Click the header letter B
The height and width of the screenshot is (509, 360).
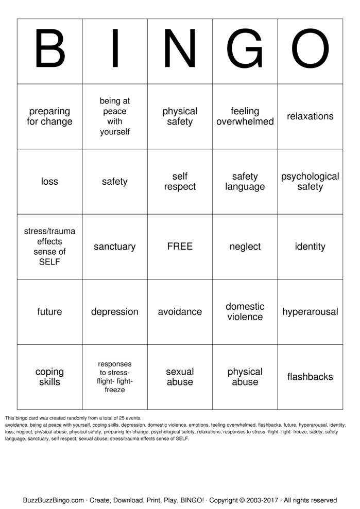coord(49,51)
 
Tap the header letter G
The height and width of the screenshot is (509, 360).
coord(245,51)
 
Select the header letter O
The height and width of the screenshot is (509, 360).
coord(310,51)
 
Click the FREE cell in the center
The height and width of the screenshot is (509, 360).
coord(180,247)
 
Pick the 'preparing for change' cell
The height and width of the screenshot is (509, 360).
coord(49,116)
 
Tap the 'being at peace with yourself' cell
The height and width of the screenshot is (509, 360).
coord(115,116)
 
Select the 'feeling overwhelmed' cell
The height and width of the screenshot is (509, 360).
coord(245,116)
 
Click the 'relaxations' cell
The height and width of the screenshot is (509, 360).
coord(310,116)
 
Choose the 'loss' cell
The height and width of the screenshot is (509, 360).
coord(49,182)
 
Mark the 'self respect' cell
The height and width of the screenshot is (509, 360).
coord(180,182)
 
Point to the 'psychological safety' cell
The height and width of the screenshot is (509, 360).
coord(310,182)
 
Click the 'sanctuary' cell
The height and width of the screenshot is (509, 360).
coord(115,247)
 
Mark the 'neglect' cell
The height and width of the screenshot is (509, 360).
coord(245,247)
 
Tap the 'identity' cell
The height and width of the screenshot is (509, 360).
coord(310,247)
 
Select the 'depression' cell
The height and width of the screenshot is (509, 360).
coord(115,312)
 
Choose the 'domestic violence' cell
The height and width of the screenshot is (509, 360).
coord(245,312)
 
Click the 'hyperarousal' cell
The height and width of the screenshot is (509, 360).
coord(310,312)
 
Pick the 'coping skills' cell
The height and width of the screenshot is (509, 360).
coord(49,377)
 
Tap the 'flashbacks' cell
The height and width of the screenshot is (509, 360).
coord(310,377)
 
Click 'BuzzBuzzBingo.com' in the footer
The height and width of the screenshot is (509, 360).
coord(54,500)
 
